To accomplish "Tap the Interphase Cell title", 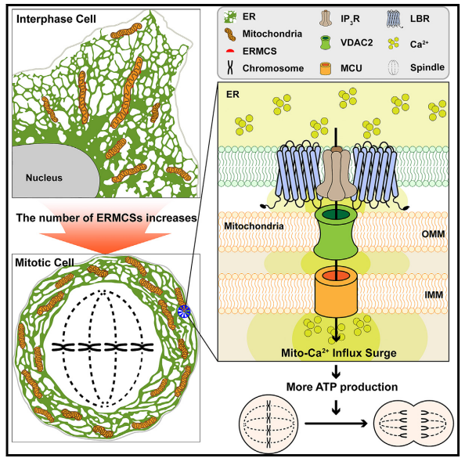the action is pos(56,19).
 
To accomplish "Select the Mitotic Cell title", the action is pos(45,262).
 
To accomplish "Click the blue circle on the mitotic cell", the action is pos(183,312).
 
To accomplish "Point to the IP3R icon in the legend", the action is pos(326,18).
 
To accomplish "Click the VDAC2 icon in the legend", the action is pos(326,42).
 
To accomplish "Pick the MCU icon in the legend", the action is pos(326,68).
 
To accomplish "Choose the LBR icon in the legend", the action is pos(395,19).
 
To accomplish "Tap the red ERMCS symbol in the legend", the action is pos(230,51).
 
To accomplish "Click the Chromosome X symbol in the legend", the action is pos(230,67).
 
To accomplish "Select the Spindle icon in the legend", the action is pos(394,68).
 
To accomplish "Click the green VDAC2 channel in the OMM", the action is pos(336,233).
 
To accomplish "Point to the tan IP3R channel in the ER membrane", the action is pos(337,175).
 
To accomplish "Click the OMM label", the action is pos(433,234).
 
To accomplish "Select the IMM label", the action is pos(434,294).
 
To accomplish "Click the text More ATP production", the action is pos(342,387).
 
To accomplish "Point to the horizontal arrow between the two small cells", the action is pos(337,424).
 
